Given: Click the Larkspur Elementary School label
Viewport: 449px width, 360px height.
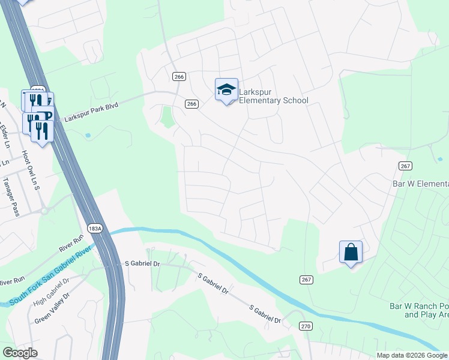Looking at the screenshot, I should click(273, 96).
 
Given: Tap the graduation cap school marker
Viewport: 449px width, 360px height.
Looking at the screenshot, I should click(226, 90).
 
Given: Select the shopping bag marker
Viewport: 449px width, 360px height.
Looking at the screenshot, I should click(351, 252).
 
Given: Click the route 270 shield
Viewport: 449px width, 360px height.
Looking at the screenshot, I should click(306, 325).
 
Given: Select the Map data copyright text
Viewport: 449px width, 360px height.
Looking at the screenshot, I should click(412, 355).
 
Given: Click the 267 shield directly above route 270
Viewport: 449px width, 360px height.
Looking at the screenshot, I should click(306, 280).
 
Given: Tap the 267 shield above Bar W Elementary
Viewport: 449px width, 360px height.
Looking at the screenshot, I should click(403, 166).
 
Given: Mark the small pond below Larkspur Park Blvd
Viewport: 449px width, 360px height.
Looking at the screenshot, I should click(88, 136).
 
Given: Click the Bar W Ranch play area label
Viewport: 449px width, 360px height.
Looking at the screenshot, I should click(419, 310).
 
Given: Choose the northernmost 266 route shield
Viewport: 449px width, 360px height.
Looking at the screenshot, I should click(179, 77).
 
